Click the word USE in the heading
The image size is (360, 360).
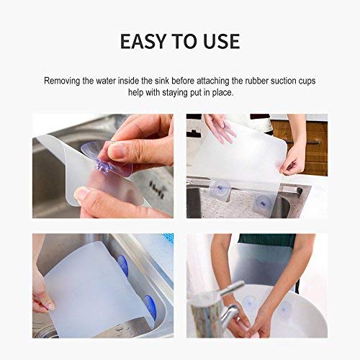click(220, 41)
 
